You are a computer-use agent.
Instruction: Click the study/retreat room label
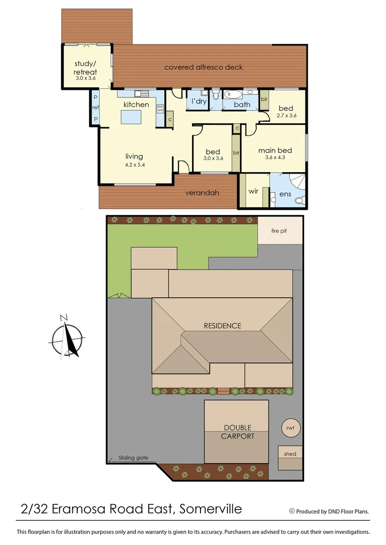(85, 68)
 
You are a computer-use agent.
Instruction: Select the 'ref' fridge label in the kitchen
(95, 107)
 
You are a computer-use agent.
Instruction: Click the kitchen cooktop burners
(160, 108)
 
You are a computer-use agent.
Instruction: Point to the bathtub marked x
(234, 94)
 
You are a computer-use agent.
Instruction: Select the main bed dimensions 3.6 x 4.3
(275, 158)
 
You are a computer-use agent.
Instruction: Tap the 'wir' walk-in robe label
(253, 192)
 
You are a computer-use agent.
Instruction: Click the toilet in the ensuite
(299, 200)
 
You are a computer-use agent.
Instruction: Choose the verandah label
(202, 192)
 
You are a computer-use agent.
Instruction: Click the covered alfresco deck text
(204, 67)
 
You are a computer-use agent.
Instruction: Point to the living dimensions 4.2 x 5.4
(134, 165)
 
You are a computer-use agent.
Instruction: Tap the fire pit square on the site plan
(280, 231)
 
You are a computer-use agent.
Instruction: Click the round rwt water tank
(290, 428)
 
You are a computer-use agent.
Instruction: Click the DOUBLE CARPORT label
(237, 432)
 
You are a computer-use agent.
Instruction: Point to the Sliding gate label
(133, 458)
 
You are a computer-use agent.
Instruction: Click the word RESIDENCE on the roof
(222, 325)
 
